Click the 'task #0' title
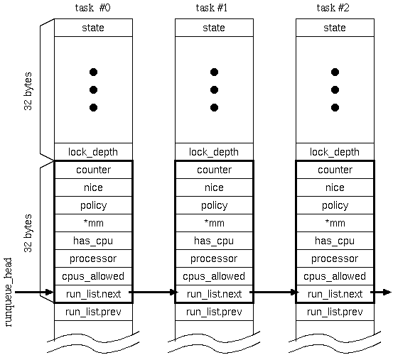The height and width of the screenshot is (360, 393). [92, 8]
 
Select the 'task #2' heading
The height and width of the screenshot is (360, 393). [333, 8]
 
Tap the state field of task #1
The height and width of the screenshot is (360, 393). [214, 28]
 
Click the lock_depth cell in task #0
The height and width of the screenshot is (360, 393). [93, 152]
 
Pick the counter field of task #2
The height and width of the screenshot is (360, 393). [335, 170]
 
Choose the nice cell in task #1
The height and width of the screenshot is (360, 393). [214, 187]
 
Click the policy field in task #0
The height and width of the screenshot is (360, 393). [94, 205]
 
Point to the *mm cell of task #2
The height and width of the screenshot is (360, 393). [335, 223]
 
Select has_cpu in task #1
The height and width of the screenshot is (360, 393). [214, 241]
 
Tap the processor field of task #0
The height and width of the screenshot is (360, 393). [93, 259]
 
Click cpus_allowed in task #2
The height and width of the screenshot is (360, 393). [335, 276]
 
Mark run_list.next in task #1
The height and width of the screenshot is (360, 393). [215, 294]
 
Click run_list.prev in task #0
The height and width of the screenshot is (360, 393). [93, 312]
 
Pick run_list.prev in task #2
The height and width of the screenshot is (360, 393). [335, 312]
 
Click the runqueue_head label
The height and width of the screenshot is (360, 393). [9, 293]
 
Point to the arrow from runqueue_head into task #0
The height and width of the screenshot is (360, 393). [34, 292]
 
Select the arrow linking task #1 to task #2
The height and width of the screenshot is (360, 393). [274, 292]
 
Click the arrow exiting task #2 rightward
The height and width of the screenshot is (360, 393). [381, 292]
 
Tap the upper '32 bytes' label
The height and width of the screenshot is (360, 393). [28, 91]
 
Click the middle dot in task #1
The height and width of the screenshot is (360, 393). [214, 90]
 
